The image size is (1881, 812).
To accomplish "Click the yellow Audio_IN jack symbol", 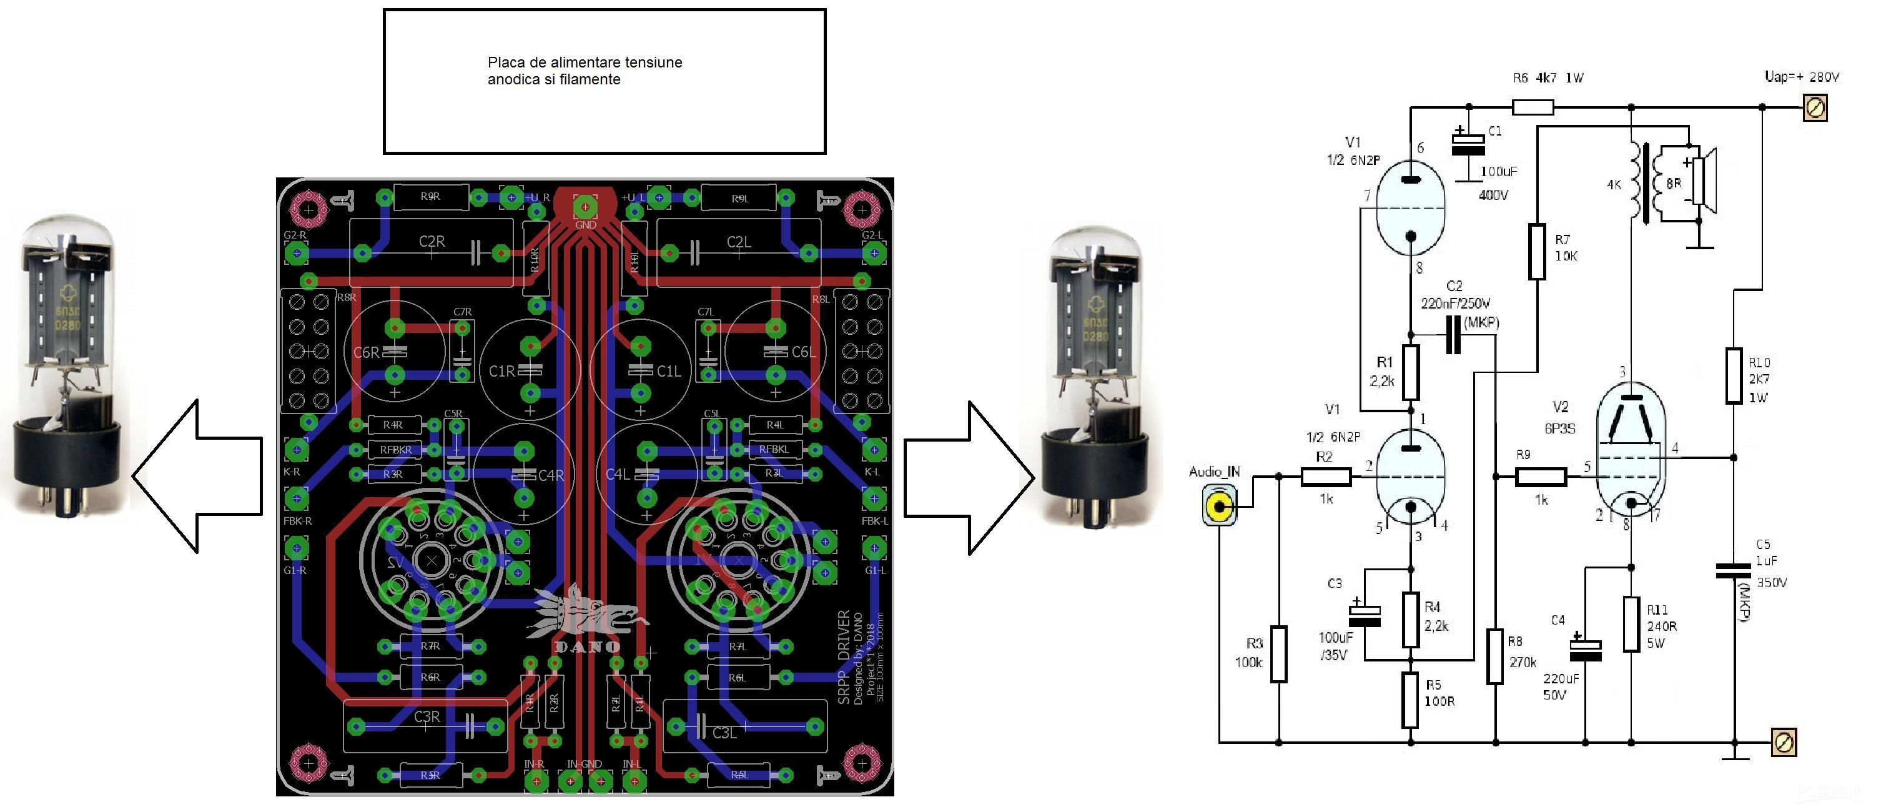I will point(1220,507).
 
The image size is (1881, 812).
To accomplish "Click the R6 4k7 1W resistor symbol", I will point(1533,108).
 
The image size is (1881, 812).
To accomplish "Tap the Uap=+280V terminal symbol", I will point(1815,108).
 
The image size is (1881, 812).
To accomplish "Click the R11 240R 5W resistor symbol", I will point(1631,625).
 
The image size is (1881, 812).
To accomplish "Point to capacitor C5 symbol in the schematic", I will point(1734,570).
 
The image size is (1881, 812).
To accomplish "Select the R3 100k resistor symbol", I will point(1278,653).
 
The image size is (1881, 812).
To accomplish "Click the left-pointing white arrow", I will point(197,476).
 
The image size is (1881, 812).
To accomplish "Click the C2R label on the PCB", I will point(432,241).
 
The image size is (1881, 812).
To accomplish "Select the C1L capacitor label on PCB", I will point(668,371).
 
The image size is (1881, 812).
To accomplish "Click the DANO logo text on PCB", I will point(587,646).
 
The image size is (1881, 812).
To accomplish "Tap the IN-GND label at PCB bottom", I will point(584,764).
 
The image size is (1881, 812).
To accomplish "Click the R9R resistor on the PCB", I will point(430,196).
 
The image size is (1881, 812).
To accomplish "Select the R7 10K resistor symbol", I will point(1537,252).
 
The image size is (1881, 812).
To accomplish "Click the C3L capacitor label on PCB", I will point(724,733).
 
